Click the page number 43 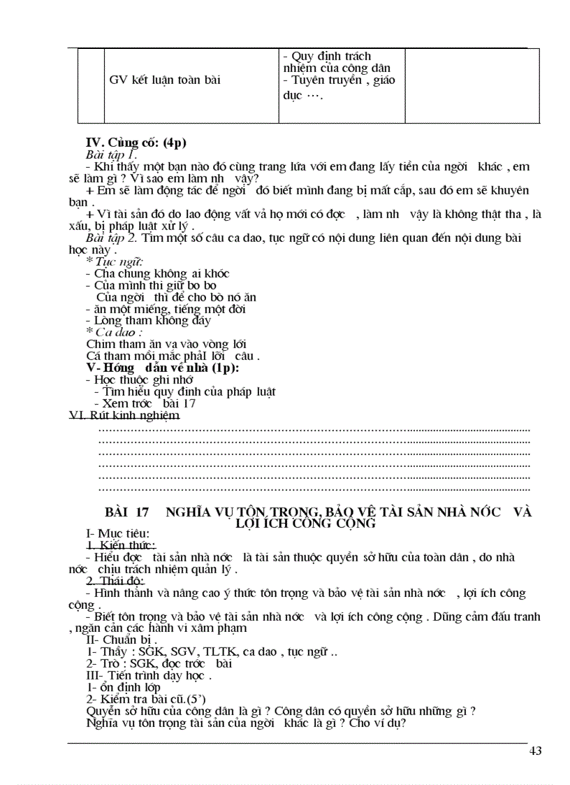[536, 751]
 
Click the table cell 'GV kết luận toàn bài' [165, 80]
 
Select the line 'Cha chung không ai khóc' [157, 273]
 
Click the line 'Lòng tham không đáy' [148, 321]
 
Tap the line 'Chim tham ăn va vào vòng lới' [166, 344]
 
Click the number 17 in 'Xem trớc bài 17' [189, 403]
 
